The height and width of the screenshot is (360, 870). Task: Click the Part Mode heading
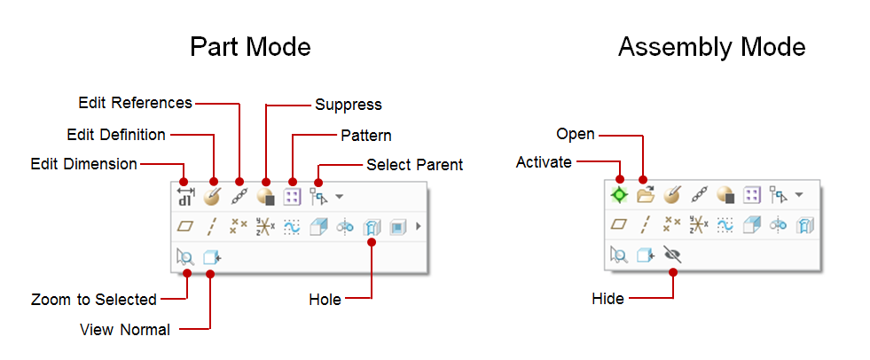coord(250,46)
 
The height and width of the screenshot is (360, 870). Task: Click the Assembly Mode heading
coord(711,46)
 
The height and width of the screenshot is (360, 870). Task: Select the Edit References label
coord(135,103)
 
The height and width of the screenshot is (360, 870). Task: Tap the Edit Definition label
coord(116,135)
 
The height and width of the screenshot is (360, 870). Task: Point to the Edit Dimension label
coord(83,164)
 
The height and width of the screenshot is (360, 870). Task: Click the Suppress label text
coord(349,105)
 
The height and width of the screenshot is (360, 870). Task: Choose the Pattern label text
coord(366,136)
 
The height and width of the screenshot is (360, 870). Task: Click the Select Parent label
coord(414,165)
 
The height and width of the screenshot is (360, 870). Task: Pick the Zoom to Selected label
coord(93,299)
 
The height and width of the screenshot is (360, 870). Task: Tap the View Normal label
coord(124,330)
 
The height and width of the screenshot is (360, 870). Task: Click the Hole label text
coord(325,300)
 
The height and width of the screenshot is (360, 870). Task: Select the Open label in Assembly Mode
coord(575,134)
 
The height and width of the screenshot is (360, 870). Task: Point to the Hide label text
coord(607,299)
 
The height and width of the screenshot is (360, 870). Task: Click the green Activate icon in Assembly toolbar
coord(619,194)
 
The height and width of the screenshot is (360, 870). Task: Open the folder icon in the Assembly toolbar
coord(645,194)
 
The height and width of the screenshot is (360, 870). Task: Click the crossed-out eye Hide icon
coord(673,255)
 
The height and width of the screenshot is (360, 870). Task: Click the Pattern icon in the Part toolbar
coord(292,195)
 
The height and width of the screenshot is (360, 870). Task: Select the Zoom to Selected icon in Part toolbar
coord(184,257)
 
